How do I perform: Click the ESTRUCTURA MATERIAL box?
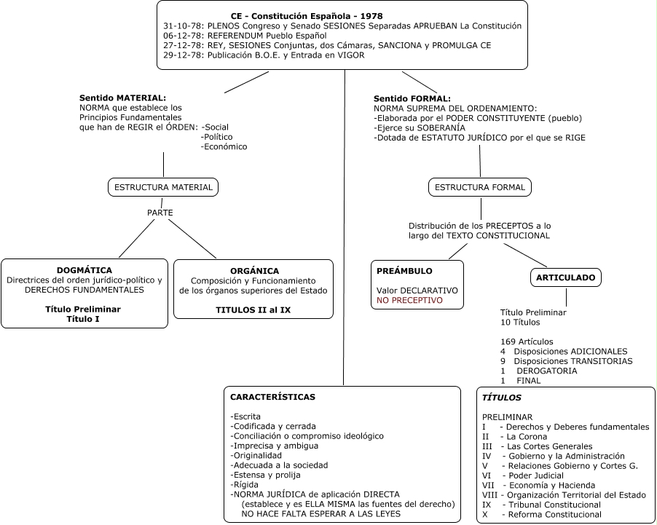pos(163,187)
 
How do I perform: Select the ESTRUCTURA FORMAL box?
pos(480,187)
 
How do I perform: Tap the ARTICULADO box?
pos(566,277)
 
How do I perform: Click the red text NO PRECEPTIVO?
pos(409,301)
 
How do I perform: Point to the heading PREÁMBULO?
pos(404,271)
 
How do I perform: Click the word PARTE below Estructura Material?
pos(160,213)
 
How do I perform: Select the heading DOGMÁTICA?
pos(84,270)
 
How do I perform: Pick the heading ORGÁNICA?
pos(254,271)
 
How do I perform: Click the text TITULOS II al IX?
pos(253,310)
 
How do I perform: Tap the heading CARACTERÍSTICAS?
pos(272,397)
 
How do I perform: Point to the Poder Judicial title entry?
pos(523,475)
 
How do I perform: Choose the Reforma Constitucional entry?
pos(542,515)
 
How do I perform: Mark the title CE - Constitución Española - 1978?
pos(307,16)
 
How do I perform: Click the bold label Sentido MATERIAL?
pos(123,98)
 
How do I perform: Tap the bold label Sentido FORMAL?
pos(412,99)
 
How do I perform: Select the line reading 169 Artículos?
pos(527,342)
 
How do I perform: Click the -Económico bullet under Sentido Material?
pos(224,146)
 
